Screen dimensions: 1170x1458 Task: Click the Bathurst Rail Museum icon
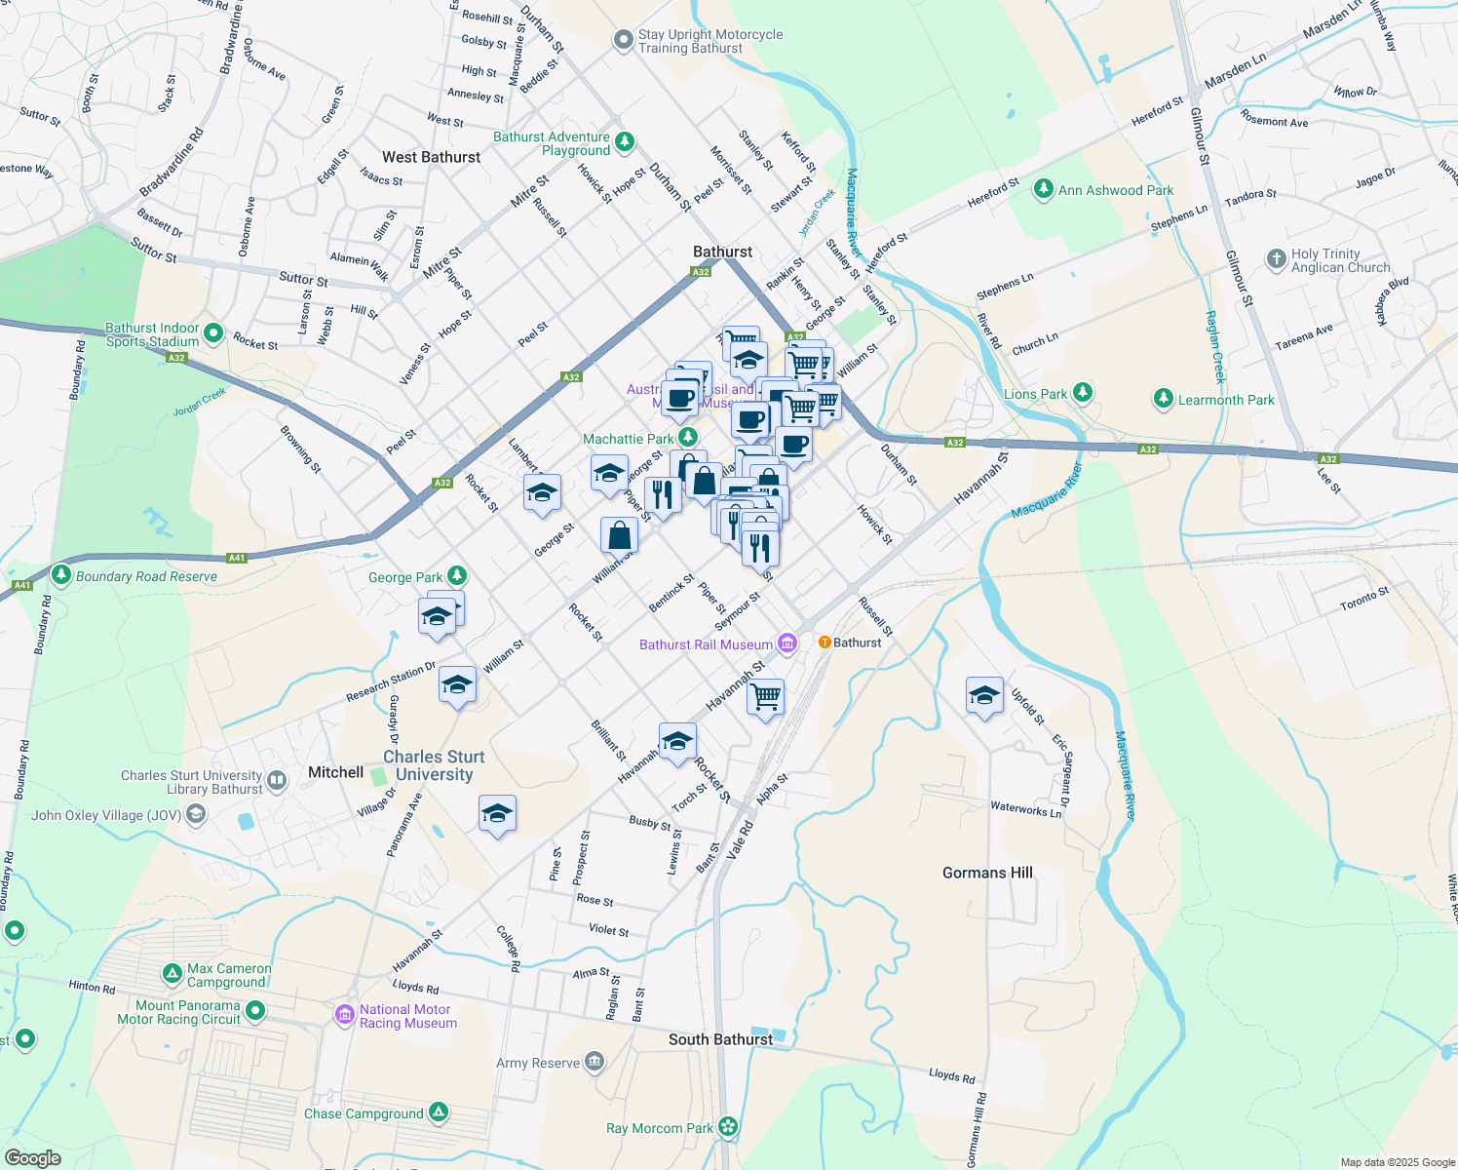pyautogui.click(x=787, y=643)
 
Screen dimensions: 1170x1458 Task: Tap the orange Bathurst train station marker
pyautogui.click(x=825, y=643)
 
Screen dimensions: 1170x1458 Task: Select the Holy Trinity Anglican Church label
pyautogui.click(x=1340, y=260)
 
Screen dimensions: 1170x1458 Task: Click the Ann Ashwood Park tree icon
pyautogui.click(x=1044, y=188)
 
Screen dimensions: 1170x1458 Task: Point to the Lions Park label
pyautogui.click(x=1035, y=394)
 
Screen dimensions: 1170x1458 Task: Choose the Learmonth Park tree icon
pyautogui.click(x=1163, y=398)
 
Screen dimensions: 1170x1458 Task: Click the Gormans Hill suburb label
pyautogui.click(x=987, y=873)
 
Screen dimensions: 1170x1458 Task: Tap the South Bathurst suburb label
pyautogui.click(x=720, y=1039)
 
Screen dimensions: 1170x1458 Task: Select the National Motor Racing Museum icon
pyautogui.click(x=344, y=1015)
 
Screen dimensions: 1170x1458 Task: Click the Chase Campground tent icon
pyautogui.click(x=439, y=1111)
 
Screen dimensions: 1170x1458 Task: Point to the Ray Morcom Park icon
pyautogui.click(x=728, y=1127)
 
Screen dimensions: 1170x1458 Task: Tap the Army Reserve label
pyautogui.click(x=538, y=1063)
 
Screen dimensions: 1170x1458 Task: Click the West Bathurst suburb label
pyautogui.click(x=431, y=157)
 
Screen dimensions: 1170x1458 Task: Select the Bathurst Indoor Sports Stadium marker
pyautogui.click(x=213, y=333)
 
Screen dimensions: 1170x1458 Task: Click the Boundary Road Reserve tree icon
pyautogui.click(x=61, y=575)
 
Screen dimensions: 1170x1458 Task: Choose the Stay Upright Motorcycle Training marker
pyautogui.click(x=623, y=40)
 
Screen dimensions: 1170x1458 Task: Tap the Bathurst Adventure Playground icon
pyautogui.click(x=625, y=142)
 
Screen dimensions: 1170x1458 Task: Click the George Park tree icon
pyautogui.click(x=457, y=576)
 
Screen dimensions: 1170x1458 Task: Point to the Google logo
pyautogui.click(x=32, y=1158)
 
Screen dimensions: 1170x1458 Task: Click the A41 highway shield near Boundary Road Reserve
pyautogui.click(x=236, y=558)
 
